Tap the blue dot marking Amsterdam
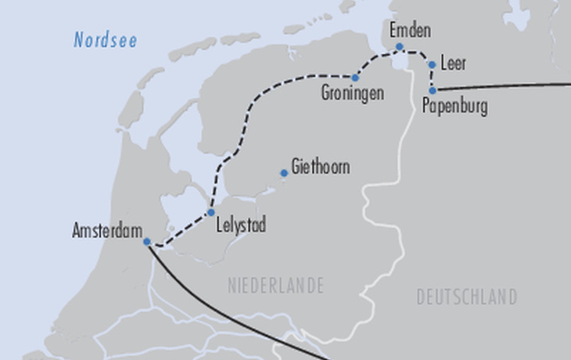[147, 242]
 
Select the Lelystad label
[240, 226]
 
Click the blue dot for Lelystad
[211, 212]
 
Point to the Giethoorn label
[320, 167]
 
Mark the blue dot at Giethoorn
[284, 174]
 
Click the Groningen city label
[353, 93]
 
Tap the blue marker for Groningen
[355, 77]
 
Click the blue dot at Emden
[399, 47]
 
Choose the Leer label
[454, 63]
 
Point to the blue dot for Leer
[432, 65]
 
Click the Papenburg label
[454, 106]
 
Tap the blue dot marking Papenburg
[433, 90]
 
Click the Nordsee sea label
[106, 41]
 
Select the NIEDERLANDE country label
[275, 286]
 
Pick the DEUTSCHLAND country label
[466, 297]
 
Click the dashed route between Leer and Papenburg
[432, 77]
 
